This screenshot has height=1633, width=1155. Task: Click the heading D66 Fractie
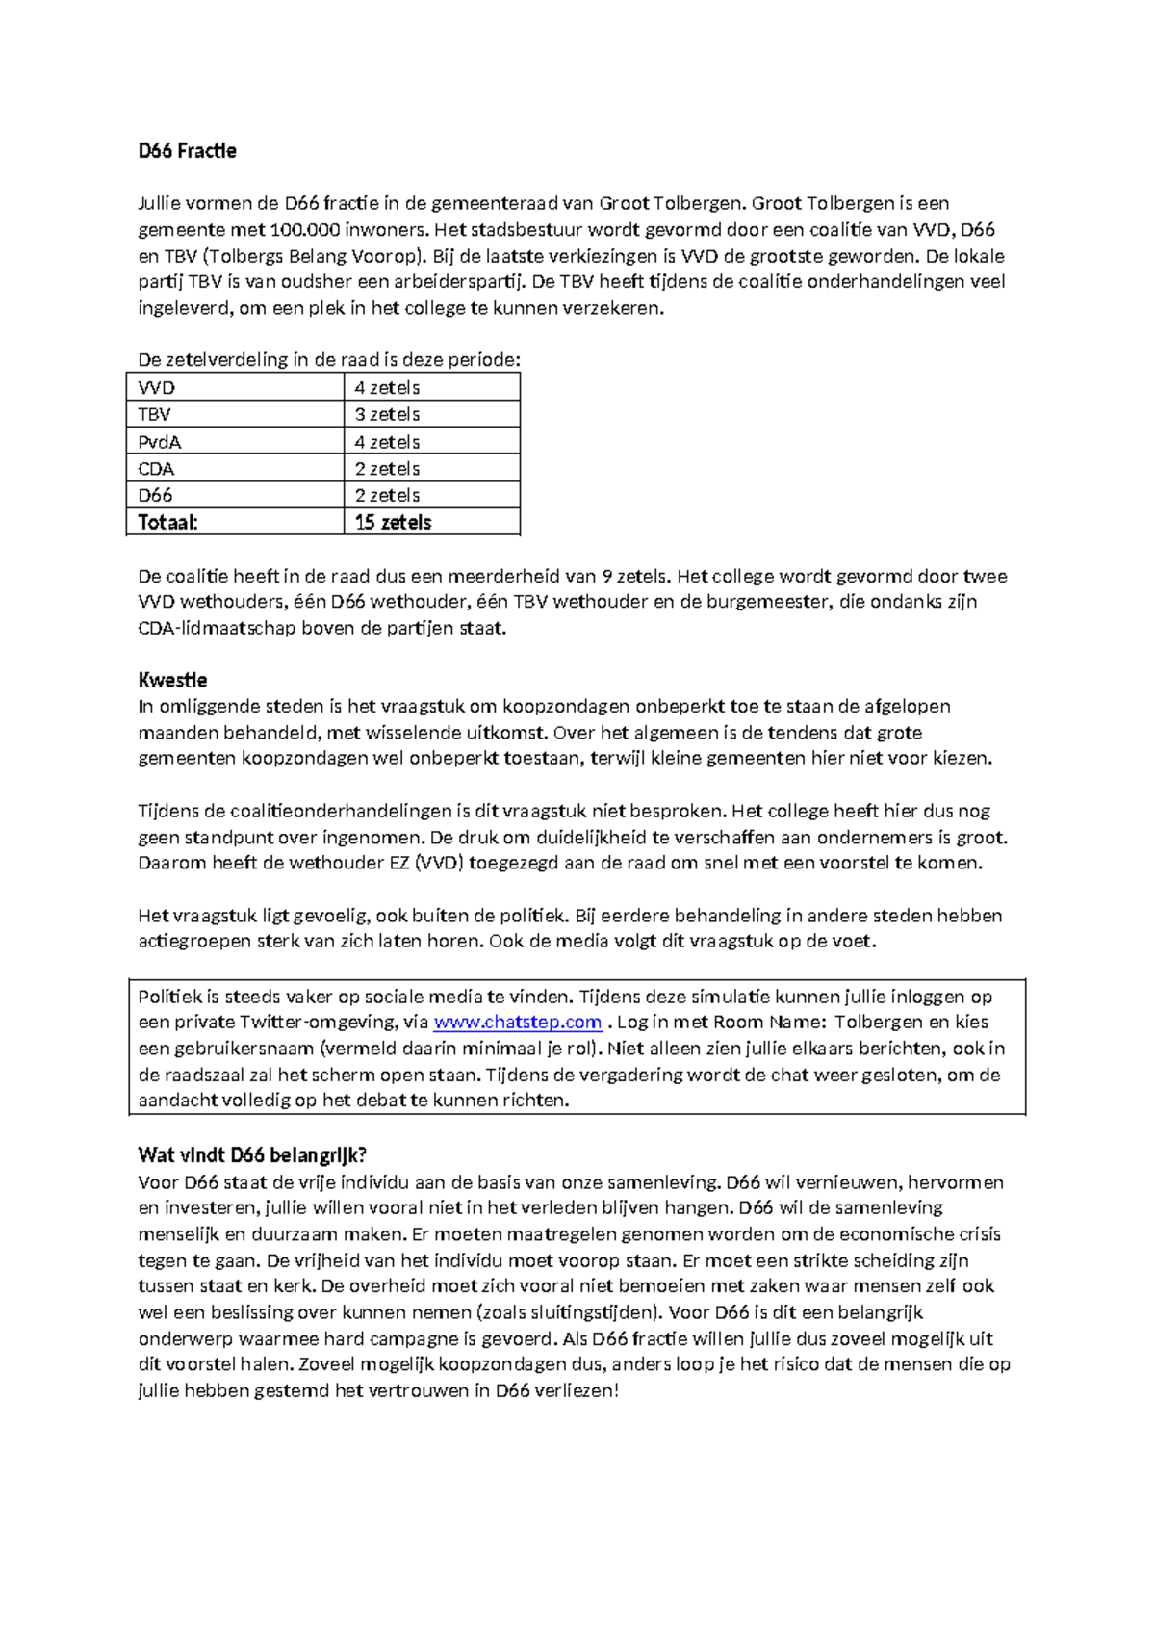(x=187, y=151)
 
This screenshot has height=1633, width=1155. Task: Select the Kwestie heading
(x=172, y=680)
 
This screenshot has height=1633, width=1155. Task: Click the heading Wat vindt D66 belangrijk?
(x=252, y=1155)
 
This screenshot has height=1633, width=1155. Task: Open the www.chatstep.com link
(x=518, y=1023)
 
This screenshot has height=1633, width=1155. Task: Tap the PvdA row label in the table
(x=160, y=442)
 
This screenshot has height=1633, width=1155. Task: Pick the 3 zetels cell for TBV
(x=387, y=415)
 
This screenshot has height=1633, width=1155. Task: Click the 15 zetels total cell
(x=393, y=522)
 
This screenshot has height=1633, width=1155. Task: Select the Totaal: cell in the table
(x=167, y=522)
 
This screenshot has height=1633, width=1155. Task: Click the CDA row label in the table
(x=156, y=469)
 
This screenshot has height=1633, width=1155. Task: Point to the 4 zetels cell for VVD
(x=387, y=388)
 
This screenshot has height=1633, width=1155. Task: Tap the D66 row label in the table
(x=155, y=496)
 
